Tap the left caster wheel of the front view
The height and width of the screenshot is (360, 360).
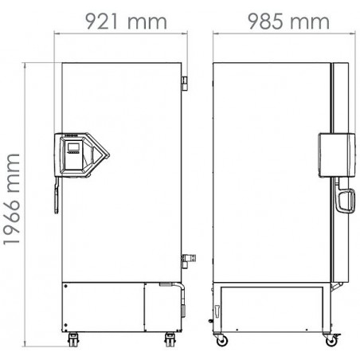(73, 339)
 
